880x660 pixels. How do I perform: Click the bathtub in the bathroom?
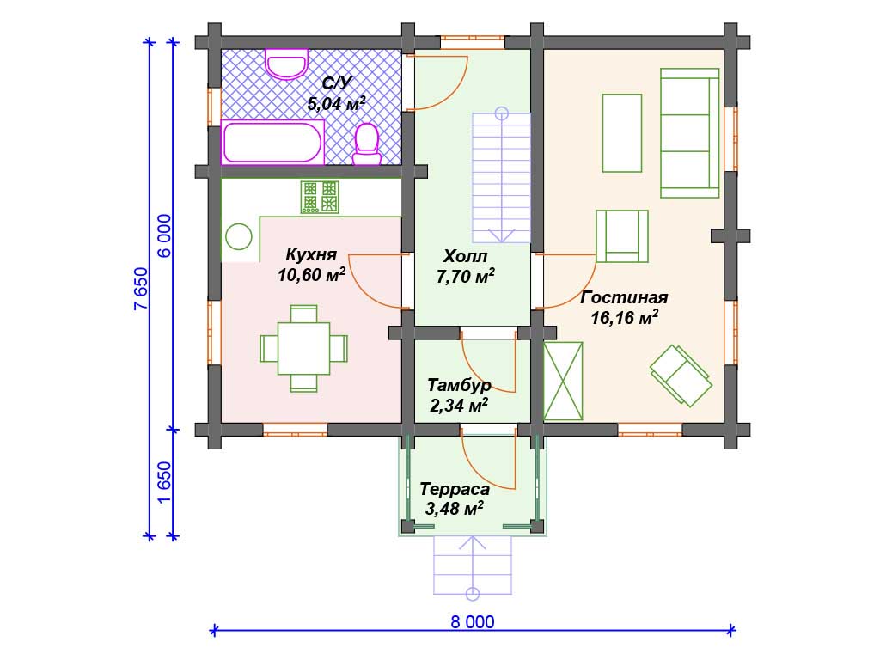point(272,142)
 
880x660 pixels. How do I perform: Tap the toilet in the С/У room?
point(367,144)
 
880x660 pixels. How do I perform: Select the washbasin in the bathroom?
point(286,64)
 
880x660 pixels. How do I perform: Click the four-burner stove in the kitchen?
point(320,197)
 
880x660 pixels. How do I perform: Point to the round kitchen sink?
point(239,236)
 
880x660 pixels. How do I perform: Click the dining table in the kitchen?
point(303,348)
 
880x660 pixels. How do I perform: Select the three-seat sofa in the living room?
point(690,133)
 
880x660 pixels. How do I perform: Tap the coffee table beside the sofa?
point(622,133)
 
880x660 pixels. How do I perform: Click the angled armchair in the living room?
point(681,375)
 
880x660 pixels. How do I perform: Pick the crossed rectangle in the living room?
point(563,381)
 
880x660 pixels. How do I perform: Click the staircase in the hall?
point(501,175)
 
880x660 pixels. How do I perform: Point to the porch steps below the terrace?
point(473,565)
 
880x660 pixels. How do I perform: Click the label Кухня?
point(311,254)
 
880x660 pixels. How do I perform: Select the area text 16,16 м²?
point(624,318)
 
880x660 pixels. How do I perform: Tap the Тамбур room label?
point(459,385)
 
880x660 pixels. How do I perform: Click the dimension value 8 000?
point(473,622)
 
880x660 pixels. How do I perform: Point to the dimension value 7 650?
point(141,289)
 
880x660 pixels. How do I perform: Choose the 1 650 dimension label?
point(164,483)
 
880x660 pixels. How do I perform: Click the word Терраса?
point(455,489)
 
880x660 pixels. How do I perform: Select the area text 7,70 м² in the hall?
point(465,276)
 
